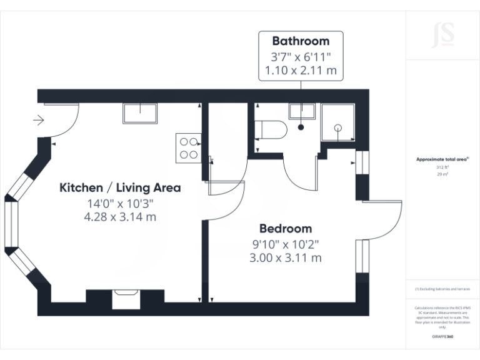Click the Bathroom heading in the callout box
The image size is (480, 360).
[301, 41]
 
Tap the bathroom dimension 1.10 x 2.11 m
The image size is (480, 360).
[301, 71]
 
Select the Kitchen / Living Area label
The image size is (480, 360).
[120, 187]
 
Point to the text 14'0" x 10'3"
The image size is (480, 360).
[120, 203]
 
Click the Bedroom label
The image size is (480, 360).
[286, 228]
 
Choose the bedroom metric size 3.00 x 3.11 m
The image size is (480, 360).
[286, 257]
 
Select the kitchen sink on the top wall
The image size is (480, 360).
[140, 114]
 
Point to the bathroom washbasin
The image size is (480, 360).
[301, 112]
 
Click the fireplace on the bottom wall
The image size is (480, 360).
[127, 299]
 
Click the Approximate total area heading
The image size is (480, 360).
[442, 160]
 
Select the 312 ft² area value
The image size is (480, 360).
[442, 167]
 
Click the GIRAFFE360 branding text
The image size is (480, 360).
[442, 337]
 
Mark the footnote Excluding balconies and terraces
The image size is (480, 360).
[442, 289]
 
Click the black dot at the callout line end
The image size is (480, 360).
[301, 127]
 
